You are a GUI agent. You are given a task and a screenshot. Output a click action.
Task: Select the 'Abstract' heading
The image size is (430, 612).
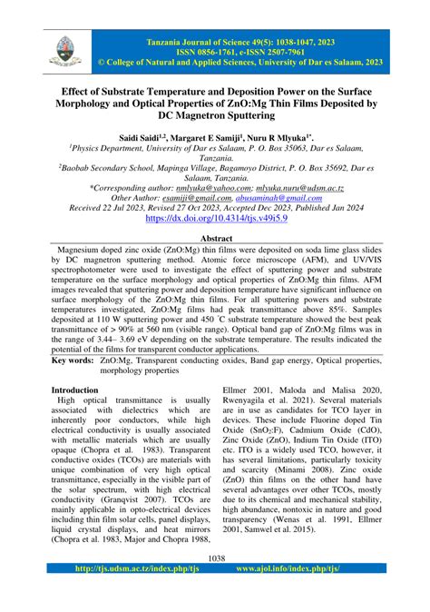(215, 237)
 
